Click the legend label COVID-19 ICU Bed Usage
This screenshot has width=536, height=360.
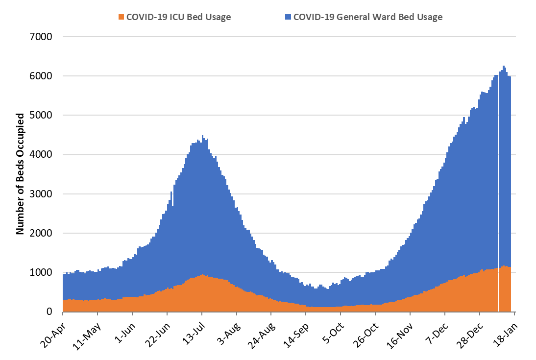(178, 17)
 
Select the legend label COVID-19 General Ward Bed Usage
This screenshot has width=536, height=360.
(367, 17)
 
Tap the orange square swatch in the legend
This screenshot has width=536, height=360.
(121, 17)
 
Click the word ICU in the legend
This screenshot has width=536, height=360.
(176, 17)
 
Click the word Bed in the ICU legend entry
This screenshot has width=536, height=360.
(195, 17)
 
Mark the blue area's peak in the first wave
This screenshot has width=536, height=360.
(202, 136)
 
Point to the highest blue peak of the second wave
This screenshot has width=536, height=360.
(504, 67)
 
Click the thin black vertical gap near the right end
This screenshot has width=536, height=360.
(498, 196)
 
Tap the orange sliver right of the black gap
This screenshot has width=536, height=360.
(505, 289)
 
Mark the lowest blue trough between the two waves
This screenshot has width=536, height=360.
(327, 288)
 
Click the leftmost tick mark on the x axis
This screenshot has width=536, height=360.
(63, 314)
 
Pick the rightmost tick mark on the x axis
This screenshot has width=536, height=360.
(514, 314)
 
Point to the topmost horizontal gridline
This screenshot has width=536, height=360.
(289, 37)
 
